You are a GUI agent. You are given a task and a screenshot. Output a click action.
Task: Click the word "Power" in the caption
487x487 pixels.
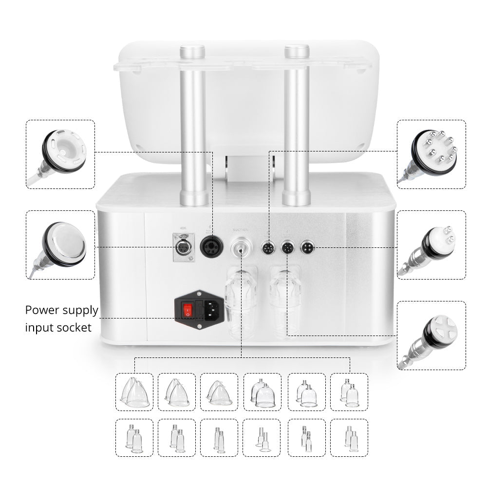(x=42, y=311)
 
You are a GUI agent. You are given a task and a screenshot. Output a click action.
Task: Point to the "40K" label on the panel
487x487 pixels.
(x=183, y=228)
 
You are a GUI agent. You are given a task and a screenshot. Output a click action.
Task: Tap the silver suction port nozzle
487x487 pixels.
(x=240, y=248)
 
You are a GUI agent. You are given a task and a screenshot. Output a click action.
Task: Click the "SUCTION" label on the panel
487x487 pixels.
(x=240, y=229)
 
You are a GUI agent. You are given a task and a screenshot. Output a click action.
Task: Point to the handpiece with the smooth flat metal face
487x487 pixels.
(x=65, y=243)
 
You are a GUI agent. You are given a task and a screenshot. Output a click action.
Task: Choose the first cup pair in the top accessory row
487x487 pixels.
(x=134, y=392)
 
